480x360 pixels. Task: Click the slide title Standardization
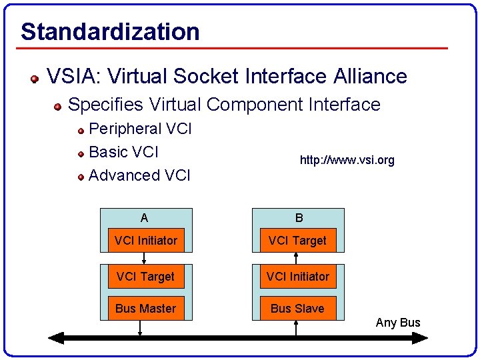[x=110, y=31]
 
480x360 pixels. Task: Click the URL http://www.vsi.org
[x=347, y=160]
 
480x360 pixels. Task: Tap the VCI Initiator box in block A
[x=146, y=241]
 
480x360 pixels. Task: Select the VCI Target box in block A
[x=145, y=276]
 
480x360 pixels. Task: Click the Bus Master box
[x=145, y=308]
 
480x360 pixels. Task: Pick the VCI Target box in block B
[x=297, y=241]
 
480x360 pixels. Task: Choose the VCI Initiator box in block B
[x=297, y=276]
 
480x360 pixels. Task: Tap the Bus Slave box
[x=297, y=308]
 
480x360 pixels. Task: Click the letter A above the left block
[x=145, y=218]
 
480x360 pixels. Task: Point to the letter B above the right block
[x=299, y=218]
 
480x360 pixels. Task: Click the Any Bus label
[x=398, y=323]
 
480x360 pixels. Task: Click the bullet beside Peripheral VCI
[x=81, y=130]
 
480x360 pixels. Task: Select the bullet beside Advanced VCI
[x=81, y=177]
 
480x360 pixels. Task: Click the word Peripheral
[x=125, y=129]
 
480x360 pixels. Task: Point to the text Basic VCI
[x=123, y=152]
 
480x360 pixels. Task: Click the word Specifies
[x=106, y=105]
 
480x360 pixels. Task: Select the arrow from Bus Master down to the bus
[x=140, y=327]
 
